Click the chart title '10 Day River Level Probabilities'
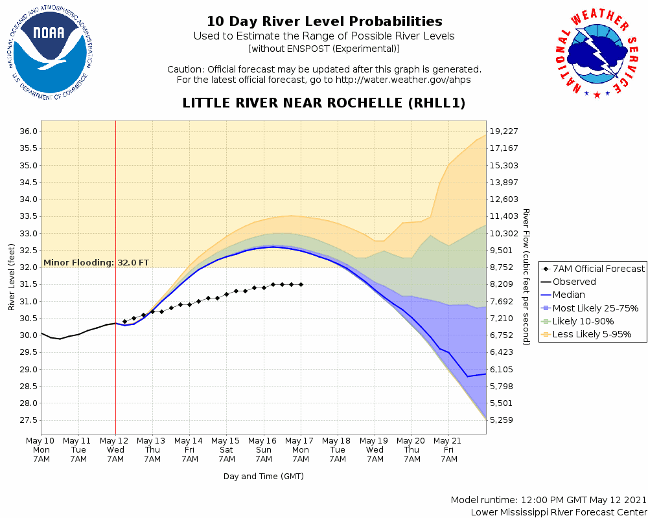[x=324, y=22]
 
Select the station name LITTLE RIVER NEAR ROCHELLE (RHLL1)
[x=324, y=104]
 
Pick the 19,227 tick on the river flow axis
[x=504, y=131]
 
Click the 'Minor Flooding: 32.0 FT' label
[x=96, y=263]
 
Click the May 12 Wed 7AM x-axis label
[x=115, y=449]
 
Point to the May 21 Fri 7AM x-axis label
[x=448, y=449]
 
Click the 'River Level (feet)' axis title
[x=12, y=277]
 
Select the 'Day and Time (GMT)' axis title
[x=264, y=476]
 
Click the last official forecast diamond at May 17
[x=301, y=284]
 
